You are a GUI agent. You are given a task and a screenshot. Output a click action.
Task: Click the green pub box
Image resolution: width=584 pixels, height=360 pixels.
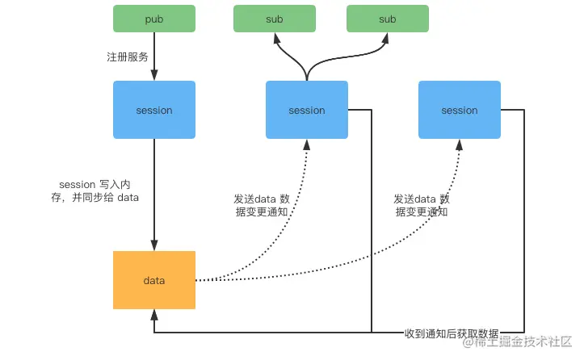pos(153,19)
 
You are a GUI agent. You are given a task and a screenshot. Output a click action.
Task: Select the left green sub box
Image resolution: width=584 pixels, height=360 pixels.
pos(274,19)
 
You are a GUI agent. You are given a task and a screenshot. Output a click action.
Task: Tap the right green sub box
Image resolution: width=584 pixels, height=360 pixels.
pos(387,19)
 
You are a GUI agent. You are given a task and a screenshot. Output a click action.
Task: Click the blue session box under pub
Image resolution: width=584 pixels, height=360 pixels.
pos(153,110)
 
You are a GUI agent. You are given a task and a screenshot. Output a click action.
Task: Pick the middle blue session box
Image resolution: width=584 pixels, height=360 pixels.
pos(306,110)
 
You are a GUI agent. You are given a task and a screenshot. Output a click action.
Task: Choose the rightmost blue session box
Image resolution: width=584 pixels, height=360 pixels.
pos(459,110)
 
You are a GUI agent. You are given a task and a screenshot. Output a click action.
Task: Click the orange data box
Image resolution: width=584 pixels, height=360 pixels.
pos(153,280)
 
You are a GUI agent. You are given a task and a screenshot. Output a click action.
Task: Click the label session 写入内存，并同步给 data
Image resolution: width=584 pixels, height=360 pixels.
pos(95,191)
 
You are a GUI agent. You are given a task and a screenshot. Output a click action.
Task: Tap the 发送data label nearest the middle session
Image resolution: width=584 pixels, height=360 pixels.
pos(259,205)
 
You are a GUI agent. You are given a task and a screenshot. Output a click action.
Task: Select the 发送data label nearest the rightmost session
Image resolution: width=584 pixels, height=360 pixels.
pos(421,205)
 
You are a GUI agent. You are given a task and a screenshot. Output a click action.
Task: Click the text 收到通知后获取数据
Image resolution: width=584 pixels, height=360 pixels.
pos(452,333)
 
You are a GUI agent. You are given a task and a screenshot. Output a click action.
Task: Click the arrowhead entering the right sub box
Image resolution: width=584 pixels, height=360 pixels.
pos(387,37)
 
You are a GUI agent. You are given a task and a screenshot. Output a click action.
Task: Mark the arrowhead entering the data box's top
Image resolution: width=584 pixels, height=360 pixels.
pos(153,246)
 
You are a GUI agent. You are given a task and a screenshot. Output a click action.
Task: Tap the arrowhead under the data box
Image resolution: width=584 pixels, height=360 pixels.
pos(153,315)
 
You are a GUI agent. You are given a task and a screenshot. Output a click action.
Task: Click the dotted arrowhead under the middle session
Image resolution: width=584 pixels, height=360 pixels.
pos(306,144)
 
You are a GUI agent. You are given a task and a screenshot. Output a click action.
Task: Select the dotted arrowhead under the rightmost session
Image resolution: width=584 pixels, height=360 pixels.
pos(459,144)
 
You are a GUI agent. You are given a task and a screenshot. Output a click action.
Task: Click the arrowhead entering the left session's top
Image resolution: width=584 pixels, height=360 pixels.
pos(153,76)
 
